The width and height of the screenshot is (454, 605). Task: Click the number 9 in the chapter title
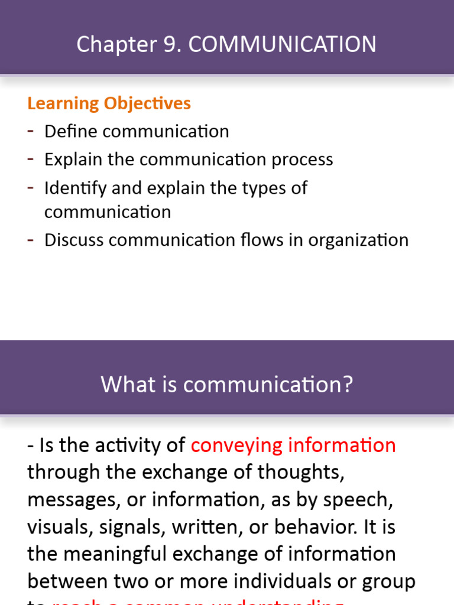tap(171, 45)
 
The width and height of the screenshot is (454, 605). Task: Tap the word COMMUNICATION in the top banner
tap(282, 45)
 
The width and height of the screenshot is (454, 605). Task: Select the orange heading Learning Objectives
tap(109, 103)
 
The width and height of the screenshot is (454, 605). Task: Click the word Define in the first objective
tap(70, 131)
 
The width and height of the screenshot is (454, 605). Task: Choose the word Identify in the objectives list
tap(74, 188)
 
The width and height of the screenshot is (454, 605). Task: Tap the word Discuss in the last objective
tap(74, 240)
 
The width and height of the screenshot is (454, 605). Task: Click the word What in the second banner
tap(122, 385)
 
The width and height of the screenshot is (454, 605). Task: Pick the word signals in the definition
tap(129, 527)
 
